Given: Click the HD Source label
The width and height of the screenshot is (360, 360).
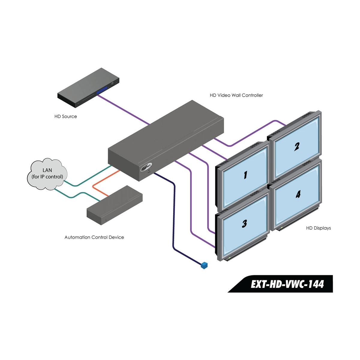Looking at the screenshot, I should tap(66, 116).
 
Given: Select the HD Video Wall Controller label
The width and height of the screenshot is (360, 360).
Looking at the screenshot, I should tap(236, 95).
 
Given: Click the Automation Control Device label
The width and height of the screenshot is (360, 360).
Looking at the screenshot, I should tap(94, 237).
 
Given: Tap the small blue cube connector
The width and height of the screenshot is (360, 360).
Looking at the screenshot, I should tap(204, 265).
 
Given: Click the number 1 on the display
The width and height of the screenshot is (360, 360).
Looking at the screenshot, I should tap(245, 175).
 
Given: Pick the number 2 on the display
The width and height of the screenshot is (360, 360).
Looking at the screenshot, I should tap(297, 146).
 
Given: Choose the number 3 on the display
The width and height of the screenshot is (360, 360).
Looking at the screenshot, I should tap(244, 223).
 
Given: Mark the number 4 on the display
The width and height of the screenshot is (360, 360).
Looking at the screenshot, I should tap(298, 194).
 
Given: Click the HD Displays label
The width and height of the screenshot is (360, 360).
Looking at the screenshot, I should tap(318, 228).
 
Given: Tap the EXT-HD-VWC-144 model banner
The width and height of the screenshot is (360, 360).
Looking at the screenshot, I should tap(287, 284).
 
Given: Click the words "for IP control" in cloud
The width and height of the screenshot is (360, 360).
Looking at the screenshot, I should tap(47, 177).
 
